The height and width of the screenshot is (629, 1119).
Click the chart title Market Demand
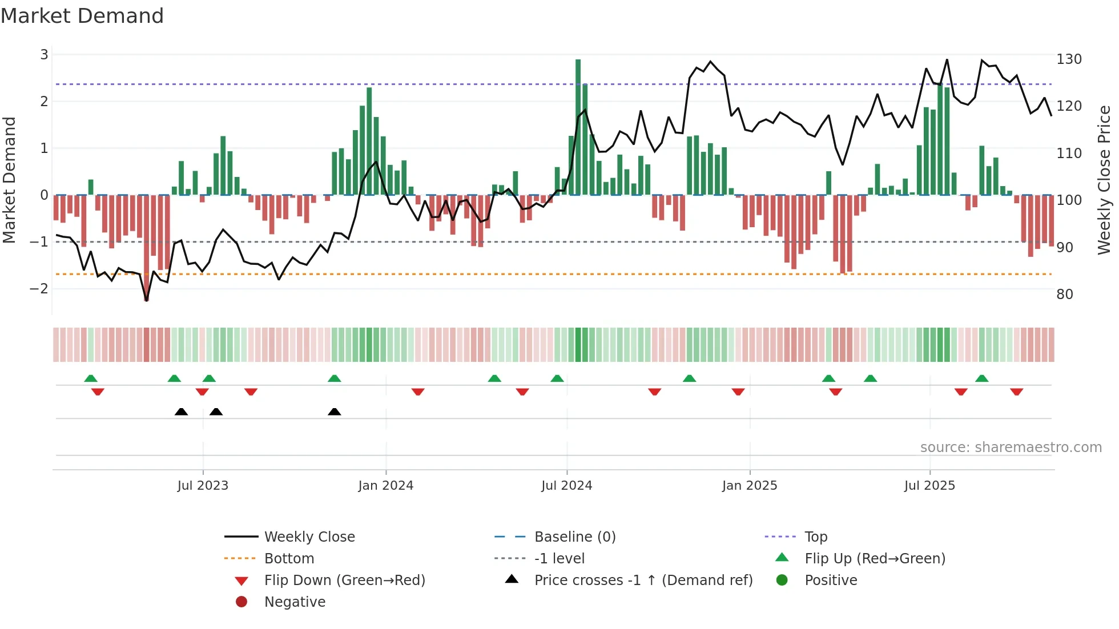point(82,16)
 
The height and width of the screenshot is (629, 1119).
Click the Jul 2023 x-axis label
point(203,486)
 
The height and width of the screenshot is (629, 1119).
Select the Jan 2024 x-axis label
point(385,486)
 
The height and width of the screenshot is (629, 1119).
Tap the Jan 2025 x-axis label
point(749,486)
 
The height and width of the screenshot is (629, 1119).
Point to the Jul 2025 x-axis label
point(929,486)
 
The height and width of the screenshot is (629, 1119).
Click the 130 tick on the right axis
point(1069,59)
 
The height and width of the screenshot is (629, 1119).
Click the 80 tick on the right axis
point(1065,295)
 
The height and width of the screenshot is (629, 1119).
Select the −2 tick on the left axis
point(39,289)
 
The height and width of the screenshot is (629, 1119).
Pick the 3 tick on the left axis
point(44,55)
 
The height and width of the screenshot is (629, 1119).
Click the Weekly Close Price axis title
point(1104,180)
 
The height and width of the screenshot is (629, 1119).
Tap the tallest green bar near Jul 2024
point(578,127)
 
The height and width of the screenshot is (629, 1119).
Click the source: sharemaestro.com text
point(1011,447)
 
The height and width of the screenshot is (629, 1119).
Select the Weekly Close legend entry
point(309,537)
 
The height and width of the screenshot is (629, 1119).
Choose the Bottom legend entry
point(289,559)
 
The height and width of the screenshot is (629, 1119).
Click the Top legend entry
point(816,537)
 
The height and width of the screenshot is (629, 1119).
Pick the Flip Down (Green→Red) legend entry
point(344,580)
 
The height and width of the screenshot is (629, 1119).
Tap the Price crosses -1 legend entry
point(643,580)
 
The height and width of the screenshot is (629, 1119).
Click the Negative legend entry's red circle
point(241,602)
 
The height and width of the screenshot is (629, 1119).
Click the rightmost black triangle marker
point(335,412)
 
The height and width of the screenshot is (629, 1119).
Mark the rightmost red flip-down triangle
point(1016,392)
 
